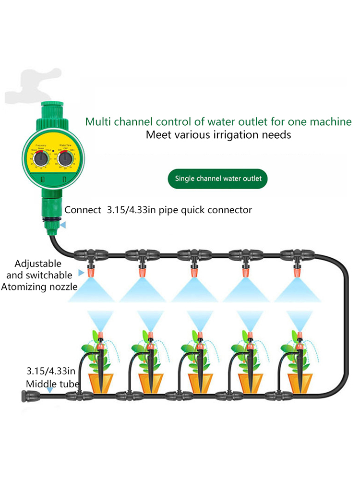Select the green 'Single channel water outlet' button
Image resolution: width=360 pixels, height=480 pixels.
(x=218, y=179)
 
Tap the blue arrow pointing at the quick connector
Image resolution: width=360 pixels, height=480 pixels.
(x=63, y=224)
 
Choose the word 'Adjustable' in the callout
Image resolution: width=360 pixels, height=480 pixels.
(x=38, y=264)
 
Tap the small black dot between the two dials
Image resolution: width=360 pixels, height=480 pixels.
(x=53, y=151)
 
